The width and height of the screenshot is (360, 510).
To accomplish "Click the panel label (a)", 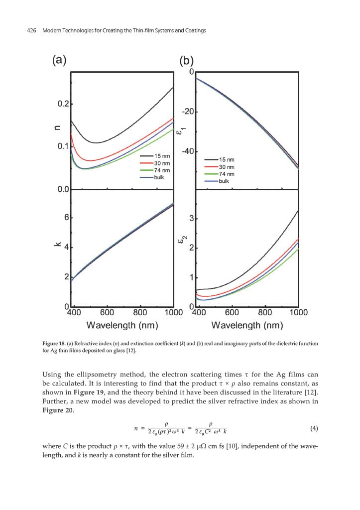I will [x=59, y=60].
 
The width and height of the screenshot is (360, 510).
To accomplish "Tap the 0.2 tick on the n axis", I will [x=63, y=104].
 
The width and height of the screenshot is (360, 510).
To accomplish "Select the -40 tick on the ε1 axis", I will [x=188, y=151].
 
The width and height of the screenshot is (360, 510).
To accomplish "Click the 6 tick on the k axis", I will [x=65, y=218].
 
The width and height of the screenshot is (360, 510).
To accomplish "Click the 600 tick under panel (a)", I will [x=107, y=313].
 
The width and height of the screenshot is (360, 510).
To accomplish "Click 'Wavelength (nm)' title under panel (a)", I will [x=122, y=326].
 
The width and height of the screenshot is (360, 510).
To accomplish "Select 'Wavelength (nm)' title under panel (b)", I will [x=247, y=326].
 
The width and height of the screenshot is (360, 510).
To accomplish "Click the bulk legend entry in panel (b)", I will [x=224, y=181].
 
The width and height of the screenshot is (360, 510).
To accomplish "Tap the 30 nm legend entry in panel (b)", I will [x=226, y=167].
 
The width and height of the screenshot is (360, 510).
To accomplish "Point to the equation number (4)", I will [x=314, y=428].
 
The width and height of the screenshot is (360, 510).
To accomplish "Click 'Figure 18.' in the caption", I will [x=54, y=344].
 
